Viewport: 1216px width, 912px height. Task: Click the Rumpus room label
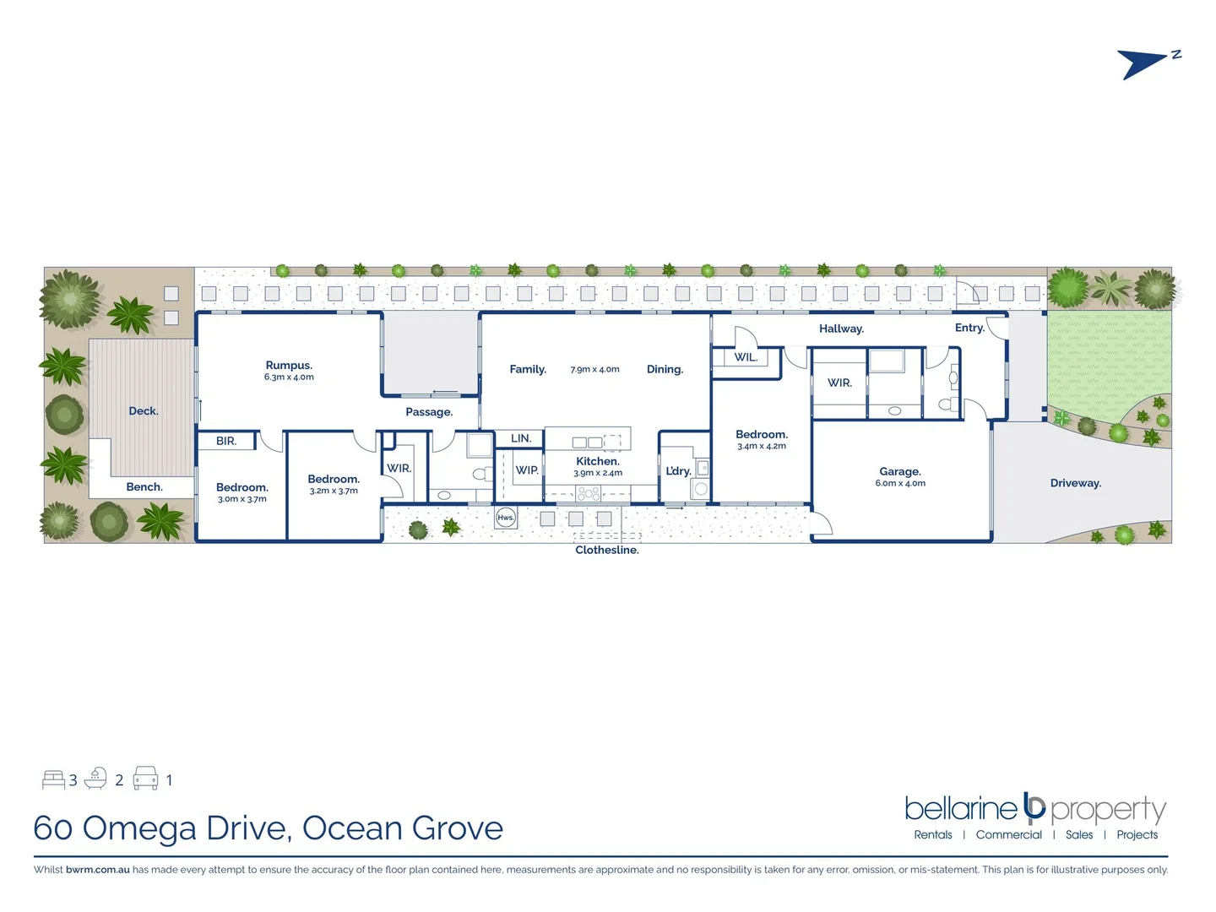pyautogui.click(x=289, y=366)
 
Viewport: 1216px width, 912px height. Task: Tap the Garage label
pyautogui.click(x=900, y=471)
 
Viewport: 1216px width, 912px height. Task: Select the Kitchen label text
pyautogui.click(x=598, y=461)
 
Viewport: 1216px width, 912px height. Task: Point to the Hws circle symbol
pyautogui.click(x=506, y=518)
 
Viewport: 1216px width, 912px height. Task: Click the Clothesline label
pyautogui.click(x=607, y=550)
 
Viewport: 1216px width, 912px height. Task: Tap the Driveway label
pyautogui.click(x=1075, y=483)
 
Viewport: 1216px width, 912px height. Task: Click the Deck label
pyautogui.click(x=144, y=411)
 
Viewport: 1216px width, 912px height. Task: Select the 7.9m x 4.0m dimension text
pyautogui.click(x=595, y=370)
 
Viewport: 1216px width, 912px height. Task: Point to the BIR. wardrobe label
pyautogui.click(x=226, y=441)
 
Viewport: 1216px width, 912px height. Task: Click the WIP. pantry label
pyautogui.click(x=527, y=470)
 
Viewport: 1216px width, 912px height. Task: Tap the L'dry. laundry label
pyautogui.click(x=678, y=471)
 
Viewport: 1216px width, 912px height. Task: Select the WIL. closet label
pyautogui.click(x=746, y=357)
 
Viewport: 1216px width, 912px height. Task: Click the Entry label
pyautogui.click(x=969, y=328)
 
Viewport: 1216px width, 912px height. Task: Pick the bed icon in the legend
pyautogui.click(x=53, y=779)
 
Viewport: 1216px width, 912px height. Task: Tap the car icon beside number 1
pyautogui.click(x=146, y=779)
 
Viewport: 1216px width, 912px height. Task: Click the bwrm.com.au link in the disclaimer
pyautogui.click(x=98, y=870)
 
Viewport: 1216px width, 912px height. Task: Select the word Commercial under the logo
pyautogui.click(x=1008, y=834)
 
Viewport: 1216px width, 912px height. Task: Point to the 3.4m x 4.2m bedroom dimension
pyautogui.click(x=762, y=446)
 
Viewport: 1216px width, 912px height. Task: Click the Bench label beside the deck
pyautogui.click(x=144, y=487)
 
